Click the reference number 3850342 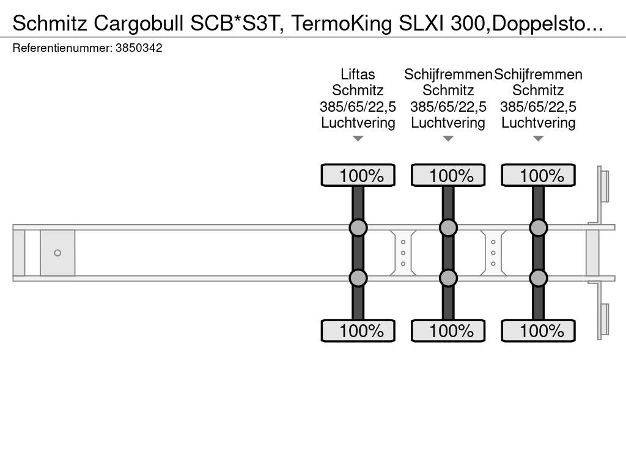click(139, 48)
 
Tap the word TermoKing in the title click(342, 24)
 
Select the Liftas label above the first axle click(358, 74)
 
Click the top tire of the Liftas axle click(358, 175)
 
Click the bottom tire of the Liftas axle click(358, 330)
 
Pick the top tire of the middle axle click(448, 175)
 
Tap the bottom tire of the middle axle click(448, 330)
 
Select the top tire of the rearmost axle click(538, 175)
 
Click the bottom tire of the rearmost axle click(538, 330)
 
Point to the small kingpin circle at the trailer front click(57, 253)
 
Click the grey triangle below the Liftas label click(358, 139)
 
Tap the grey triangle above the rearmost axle click(538, 139)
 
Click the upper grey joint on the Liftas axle click(358, 228)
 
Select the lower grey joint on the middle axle click(448, 278)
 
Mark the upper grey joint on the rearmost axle click(538, 228)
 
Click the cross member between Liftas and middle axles click(403, 253)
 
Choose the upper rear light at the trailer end click(603, 186)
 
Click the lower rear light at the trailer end click(603, 319)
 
